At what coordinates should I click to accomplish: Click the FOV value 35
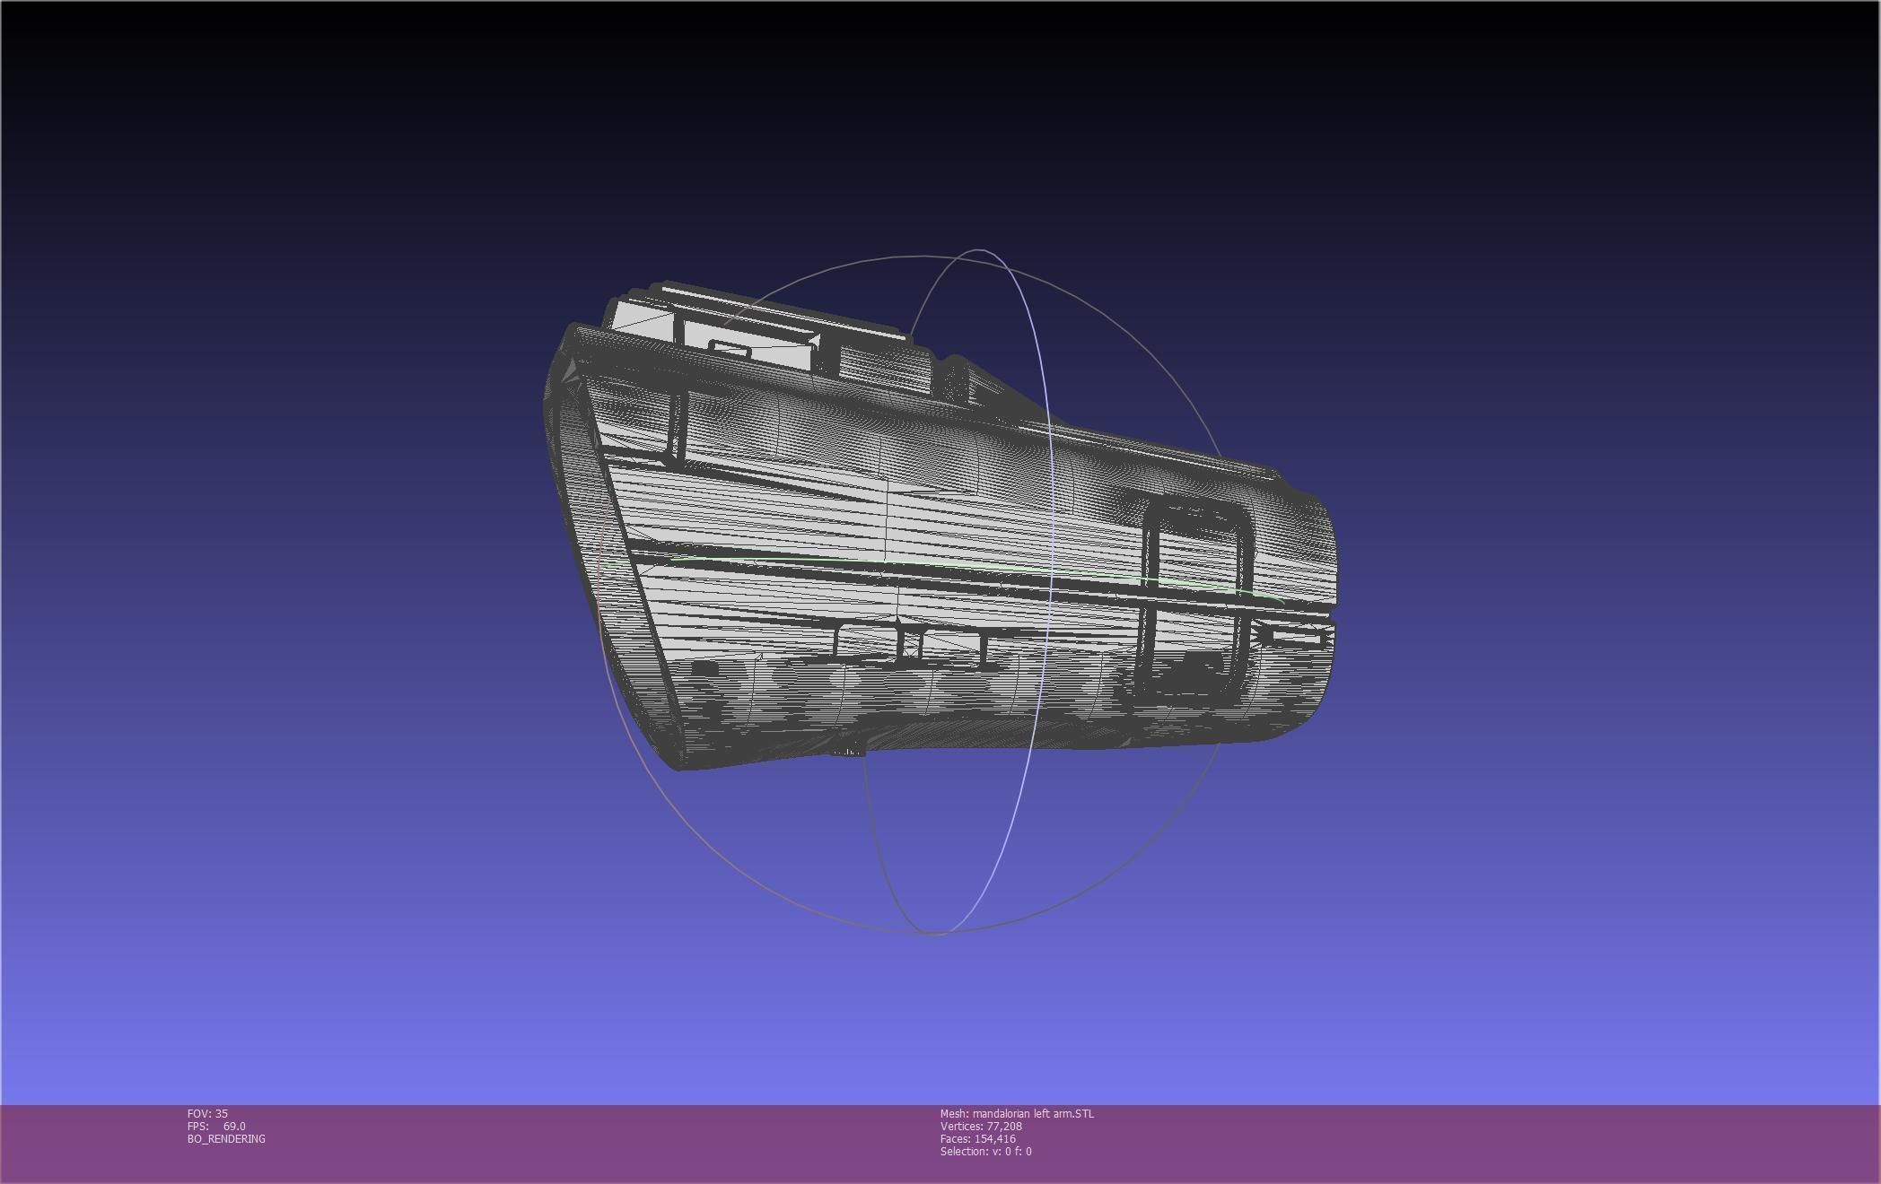point(222,1114)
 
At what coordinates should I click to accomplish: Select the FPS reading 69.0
point(234,1127)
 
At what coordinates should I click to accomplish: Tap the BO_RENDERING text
point(226,1139)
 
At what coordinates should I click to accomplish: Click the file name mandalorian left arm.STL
point(1033,1114)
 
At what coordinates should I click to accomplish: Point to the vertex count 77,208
point(1004,1127)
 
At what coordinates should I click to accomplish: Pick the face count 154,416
point(994,1139)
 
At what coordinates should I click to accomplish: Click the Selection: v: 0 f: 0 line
point(985,1152)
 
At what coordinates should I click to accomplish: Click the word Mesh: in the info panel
point(954,1114)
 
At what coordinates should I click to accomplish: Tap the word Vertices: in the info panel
point(961,1127)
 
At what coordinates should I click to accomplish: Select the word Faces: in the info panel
point(955,1139)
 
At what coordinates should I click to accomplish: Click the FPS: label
point(197,1127)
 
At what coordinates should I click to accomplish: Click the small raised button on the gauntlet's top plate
point(730,349)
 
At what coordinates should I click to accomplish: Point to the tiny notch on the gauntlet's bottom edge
point(847,753)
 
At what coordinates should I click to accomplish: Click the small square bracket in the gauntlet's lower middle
point(911,643)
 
